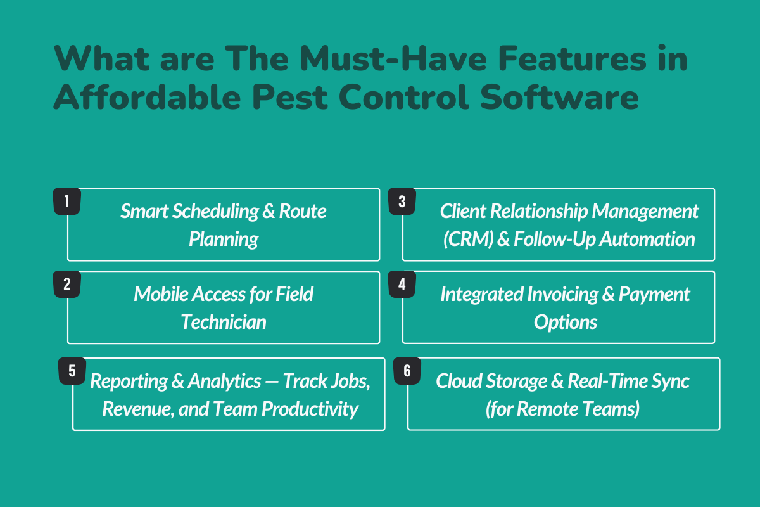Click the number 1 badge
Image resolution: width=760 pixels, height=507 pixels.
click(x=66, y=202)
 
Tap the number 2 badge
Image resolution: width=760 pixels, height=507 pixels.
click(x=66, y=285)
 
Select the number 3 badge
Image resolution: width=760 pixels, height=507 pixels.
click(x=402, y=202)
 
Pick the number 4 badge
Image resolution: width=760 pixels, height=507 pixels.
click(x=402, y=285)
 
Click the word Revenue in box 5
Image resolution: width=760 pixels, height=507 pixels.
click(x=131, y=408)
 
